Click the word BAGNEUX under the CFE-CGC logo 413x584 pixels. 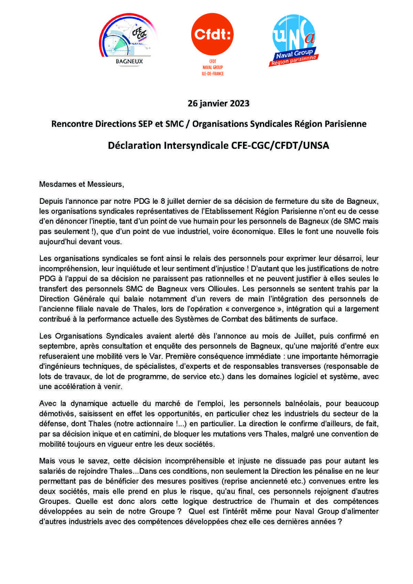click(129, 62)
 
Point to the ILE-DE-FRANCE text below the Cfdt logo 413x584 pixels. click(212, 74)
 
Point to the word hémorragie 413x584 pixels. click(359, 356)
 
